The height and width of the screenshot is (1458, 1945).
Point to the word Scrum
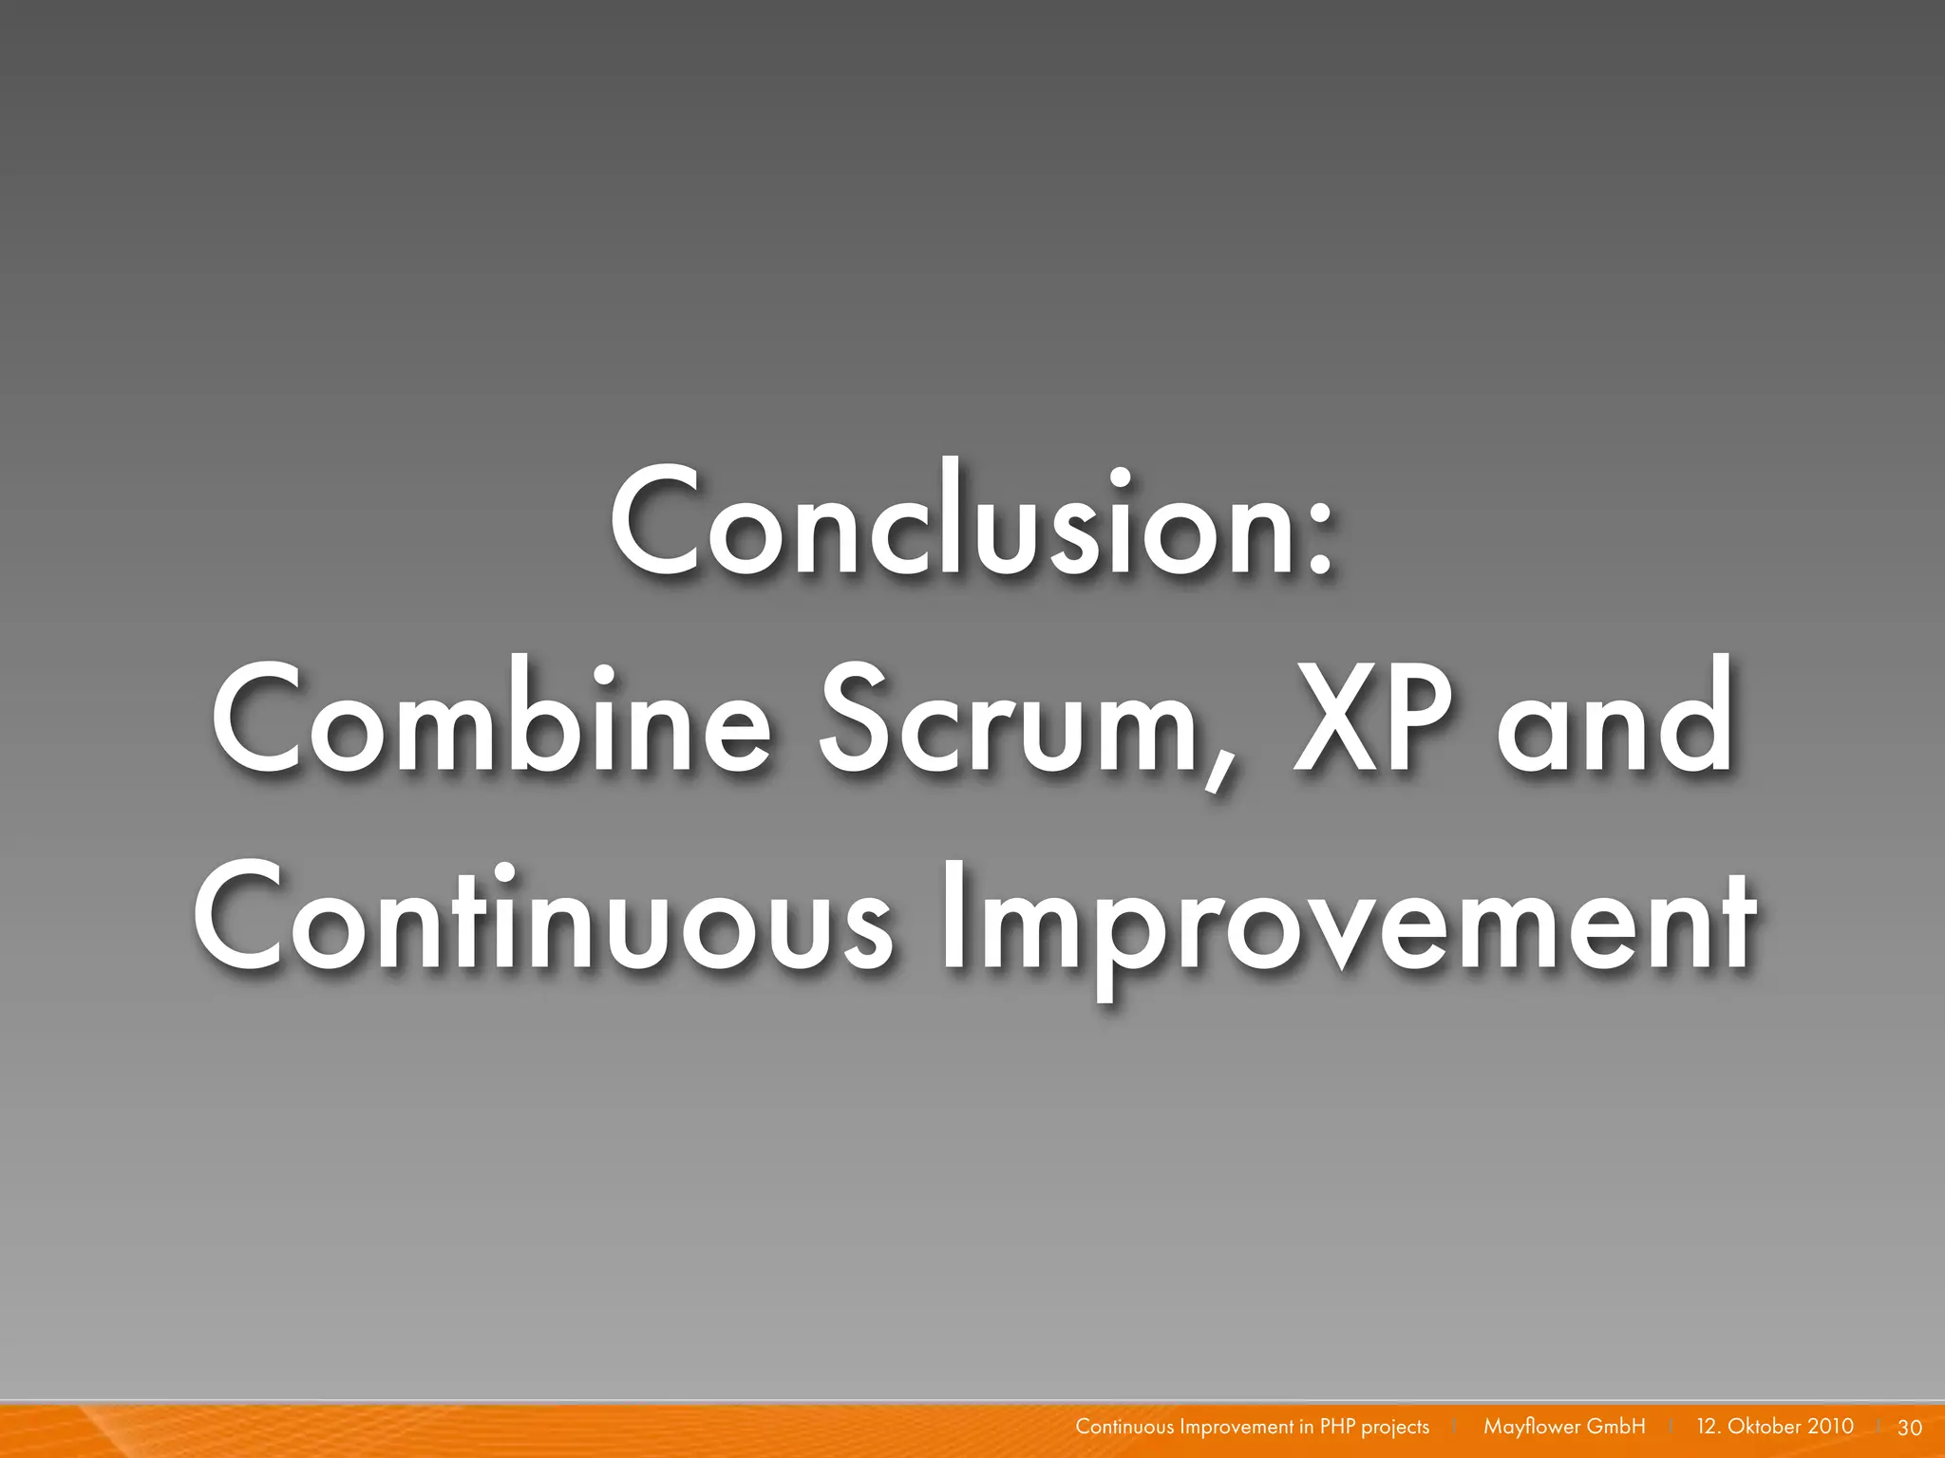[x=1009, y=721]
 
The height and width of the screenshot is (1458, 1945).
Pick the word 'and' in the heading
[x=1615, y=721]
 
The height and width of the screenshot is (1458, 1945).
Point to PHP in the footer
[x=1337, y=1427]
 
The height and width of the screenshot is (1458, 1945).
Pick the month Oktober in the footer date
[x=1764, y=1427]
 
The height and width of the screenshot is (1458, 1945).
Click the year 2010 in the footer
[x=1831, y=1427]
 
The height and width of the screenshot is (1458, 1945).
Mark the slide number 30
[x=1909, y=1428]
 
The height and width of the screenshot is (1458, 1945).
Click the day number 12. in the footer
[x=1709, y=1427]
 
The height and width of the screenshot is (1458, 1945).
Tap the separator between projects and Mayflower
[x=1455, y=1427]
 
